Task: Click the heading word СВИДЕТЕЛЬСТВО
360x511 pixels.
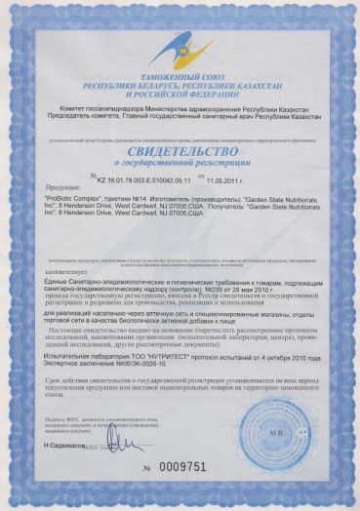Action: click(x=180, y=152)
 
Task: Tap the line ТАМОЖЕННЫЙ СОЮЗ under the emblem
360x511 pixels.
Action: click(x=180, y=86)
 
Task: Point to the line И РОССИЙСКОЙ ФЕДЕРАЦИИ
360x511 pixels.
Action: click(x=180, y=102)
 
